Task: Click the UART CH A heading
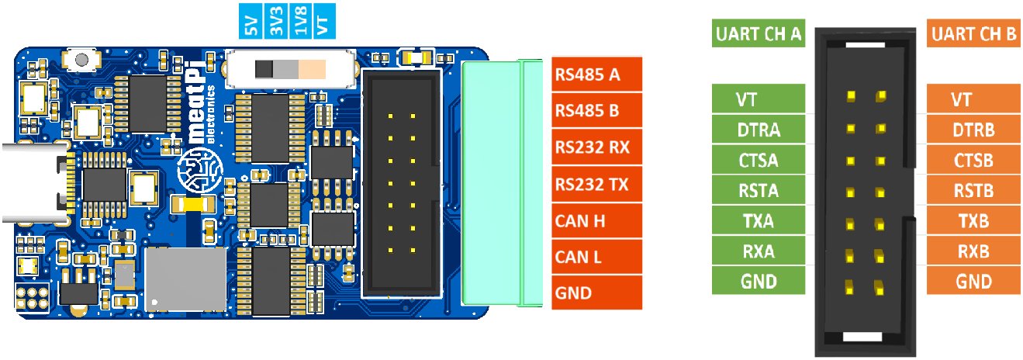click(x=758, y=35)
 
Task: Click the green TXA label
click(x=759, y=221)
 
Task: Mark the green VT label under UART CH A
click(x=759, y=99)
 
